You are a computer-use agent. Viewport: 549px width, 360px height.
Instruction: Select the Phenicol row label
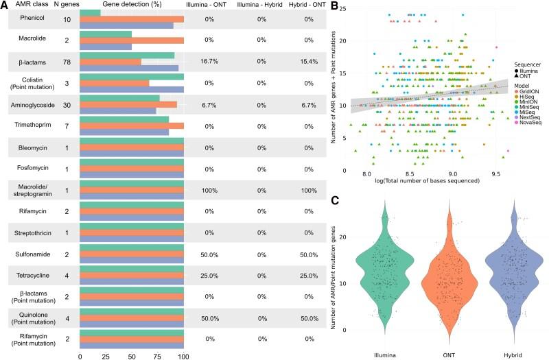pyautogui.click(x=27, y=21)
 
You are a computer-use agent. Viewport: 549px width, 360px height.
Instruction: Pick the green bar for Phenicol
pyautogui.click(x=90, y=13)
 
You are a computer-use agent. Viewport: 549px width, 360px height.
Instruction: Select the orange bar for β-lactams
pyautogui.click(x=110, y=62)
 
